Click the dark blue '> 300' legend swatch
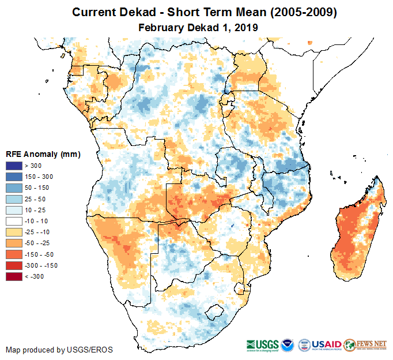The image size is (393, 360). coord(14,166)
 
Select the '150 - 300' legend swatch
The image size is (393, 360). coord(14,177)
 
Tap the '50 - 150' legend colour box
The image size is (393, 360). coord(14,188)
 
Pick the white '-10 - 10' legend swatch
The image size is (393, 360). coord(14,221)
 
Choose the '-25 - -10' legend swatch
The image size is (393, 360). coord(14,232)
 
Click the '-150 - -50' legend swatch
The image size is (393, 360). coord(14,254)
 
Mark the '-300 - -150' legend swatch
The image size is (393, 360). coord(14,265)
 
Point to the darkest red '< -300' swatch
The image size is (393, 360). coord(14,276)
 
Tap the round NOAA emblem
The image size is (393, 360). coord(289,344)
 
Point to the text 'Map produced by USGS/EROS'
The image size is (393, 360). coord(59,350)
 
